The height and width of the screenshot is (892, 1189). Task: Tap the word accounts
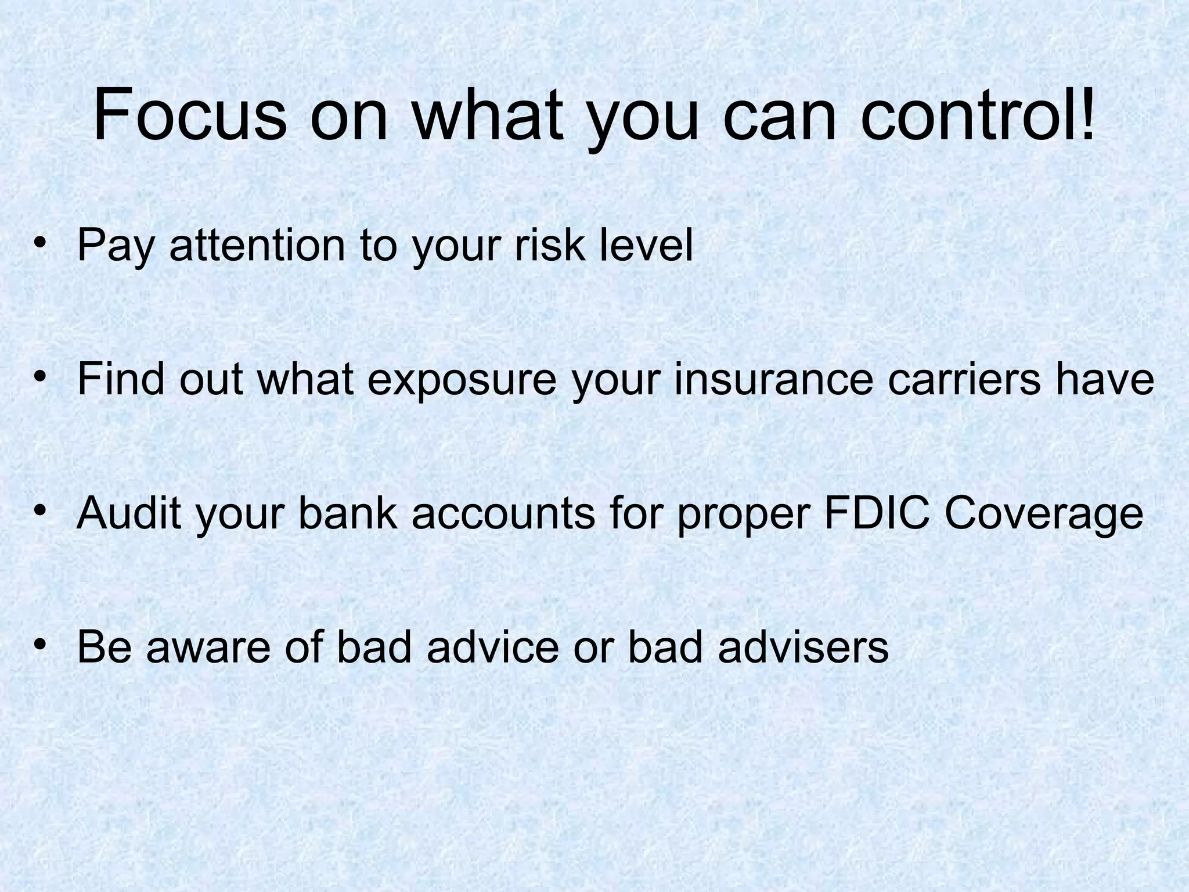point(503,513)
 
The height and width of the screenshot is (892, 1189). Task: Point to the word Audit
point(129,513)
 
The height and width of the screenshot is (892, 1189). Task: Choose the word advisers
point(803,647)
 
